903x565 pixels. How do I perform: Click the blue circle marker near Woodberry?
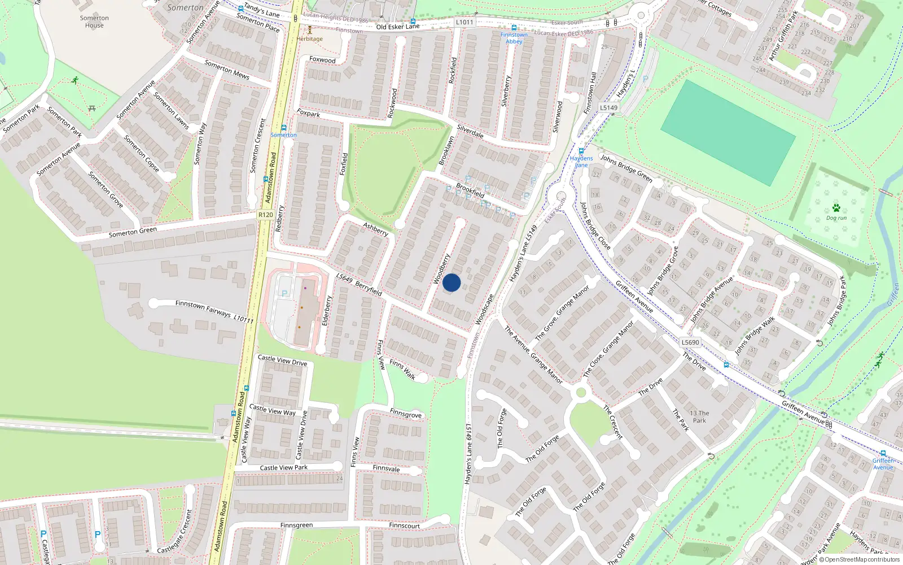[451, 282]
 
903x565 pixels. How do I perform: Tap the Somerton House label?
[94, 21]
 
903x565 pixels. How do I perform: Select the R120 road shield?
[265, 215]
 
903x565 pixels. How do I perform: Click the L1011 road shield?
[464, 22]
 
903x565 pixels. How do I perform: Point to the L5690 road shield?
[690, 342]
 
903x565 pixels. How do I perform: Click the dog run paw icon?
[836, 208]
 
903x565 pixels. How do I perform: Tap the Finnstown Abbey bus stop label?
[514, 38]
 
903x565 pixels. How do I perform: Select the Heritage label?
[310, 39]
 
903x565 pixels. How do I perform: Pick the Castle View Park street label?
[283, 467]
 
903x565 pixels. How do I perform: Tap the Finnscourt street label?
[404, 525]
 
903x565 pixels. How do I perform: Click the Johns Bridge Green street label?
[626, 168]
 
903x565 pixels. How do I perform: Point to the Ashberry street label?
[375, 229]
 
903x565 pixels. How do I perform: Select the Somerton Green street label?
[133, 232]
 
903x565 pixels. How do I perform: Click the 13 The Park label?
[699, 416]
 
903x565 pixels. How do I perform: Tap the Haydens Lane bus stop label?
[581, 162]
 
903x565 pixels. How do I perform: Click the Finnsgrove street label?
[405, 414]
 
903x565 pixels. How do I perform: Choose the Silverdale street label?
[470, 131]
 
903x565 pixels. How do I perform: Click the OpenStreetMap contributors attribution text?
[862, 559]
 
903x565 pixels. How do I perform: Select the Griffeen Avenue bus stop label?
[883, 464]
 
